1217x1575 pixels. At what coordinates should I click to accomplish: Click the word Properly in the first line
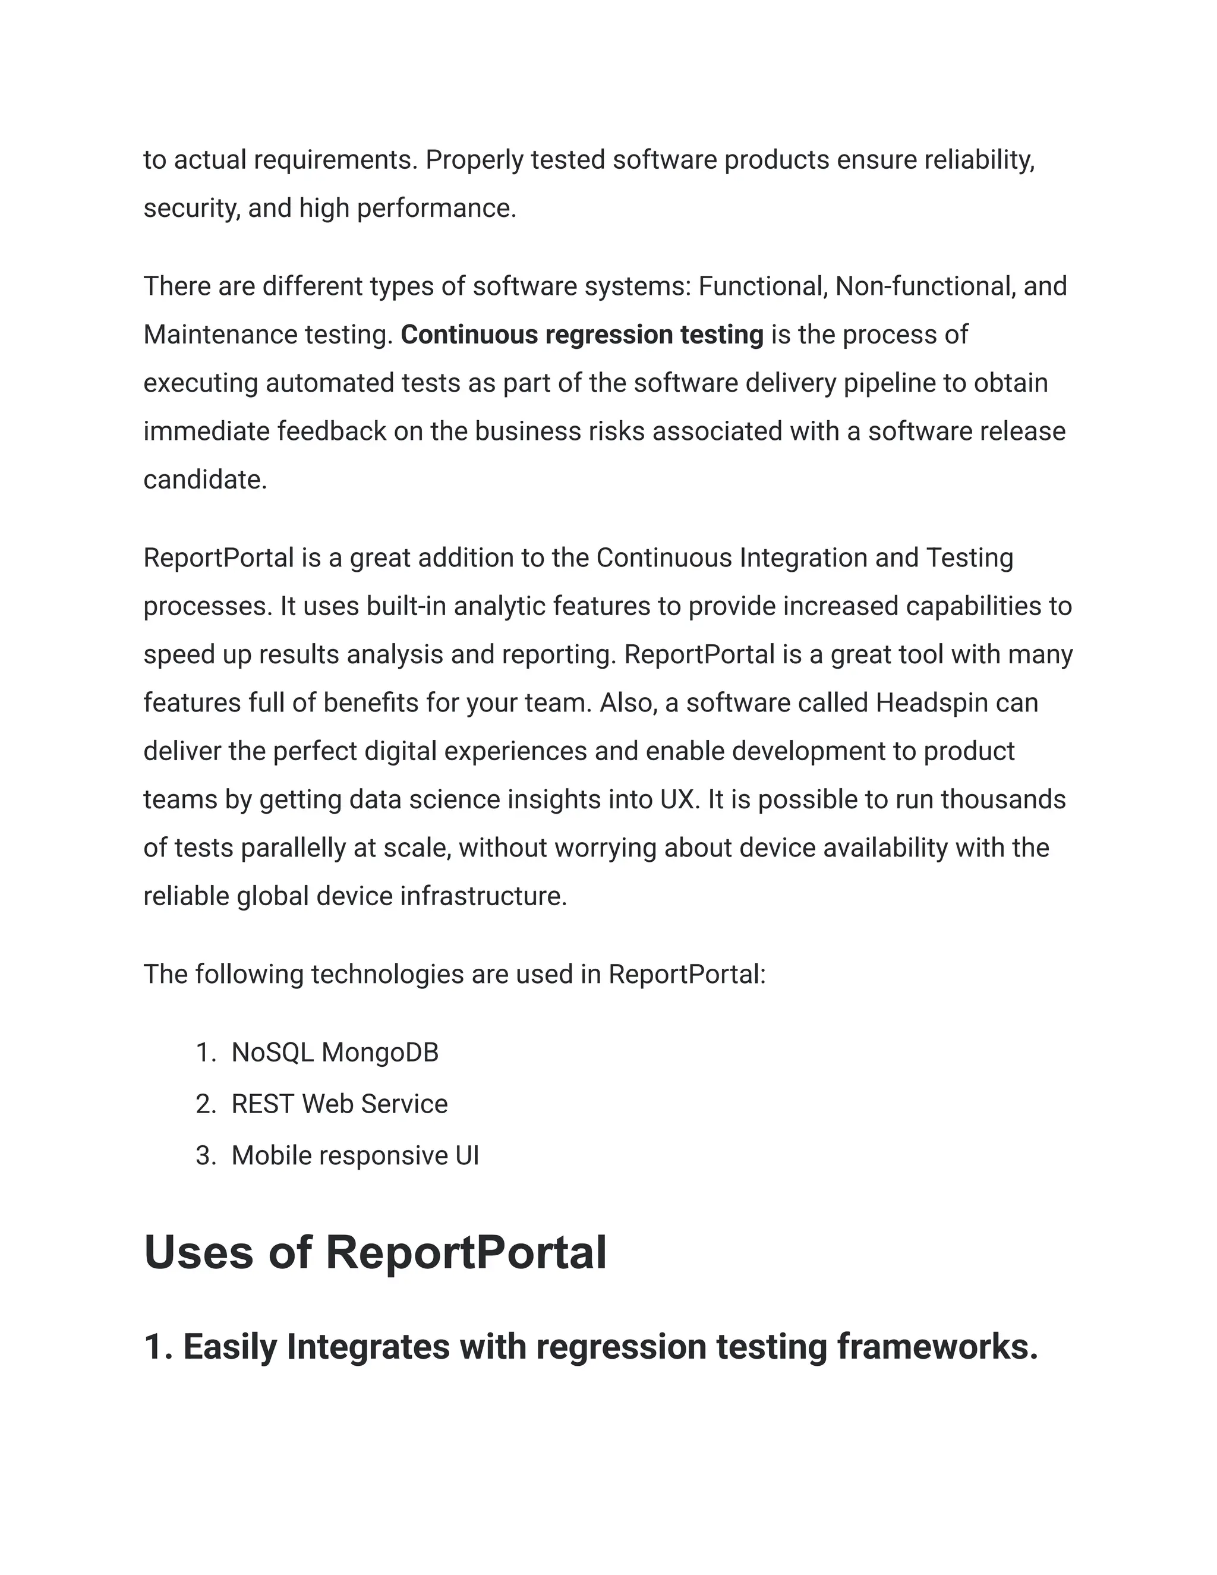coord(474,160)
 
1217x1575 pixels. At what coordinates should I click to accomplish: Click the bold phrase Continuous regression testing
coord(582,335)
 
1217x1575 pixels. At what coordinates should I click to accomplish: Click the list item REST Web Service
coord(339,1104)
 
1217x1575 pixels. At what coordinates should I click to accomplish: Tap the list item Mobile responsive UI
coord(355,1155)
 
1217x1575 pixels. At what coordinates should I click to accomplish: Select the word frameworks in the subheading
coord(937,1346)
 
